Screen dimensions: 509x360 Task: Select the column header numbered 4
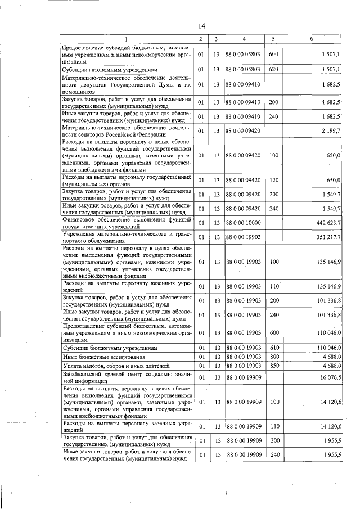tap(244, 39)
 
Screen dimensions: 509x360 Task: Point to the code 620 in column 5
tap(274, 69)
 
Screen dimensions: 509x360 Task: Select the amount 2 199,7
tap(330, 131)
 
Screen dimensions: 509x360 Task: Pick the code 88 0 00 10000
tap(244, 223)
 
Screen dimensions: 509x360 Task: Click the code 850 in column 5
tap(274, 365)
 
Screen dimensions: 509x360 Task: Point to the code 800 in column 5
tap(274, 357)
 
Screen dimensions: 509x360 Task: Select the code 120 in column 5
tap(274, 180)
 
